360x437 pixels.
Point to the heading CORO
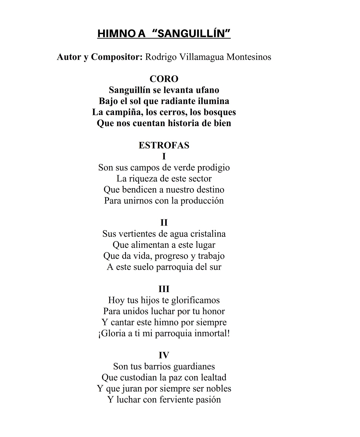tap(164, 79)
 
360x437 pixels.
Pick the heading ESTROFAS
tap(164, 145)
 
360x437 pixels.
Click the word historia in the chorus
tap(183, 123)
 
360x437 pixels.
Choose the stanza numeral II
tap(164, 223)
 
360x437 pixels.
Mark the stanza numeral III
tap(164, 289)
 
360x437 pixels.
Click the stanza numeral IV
tap(164, 355)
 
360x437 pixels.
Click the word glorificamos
tap(196, 300)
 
